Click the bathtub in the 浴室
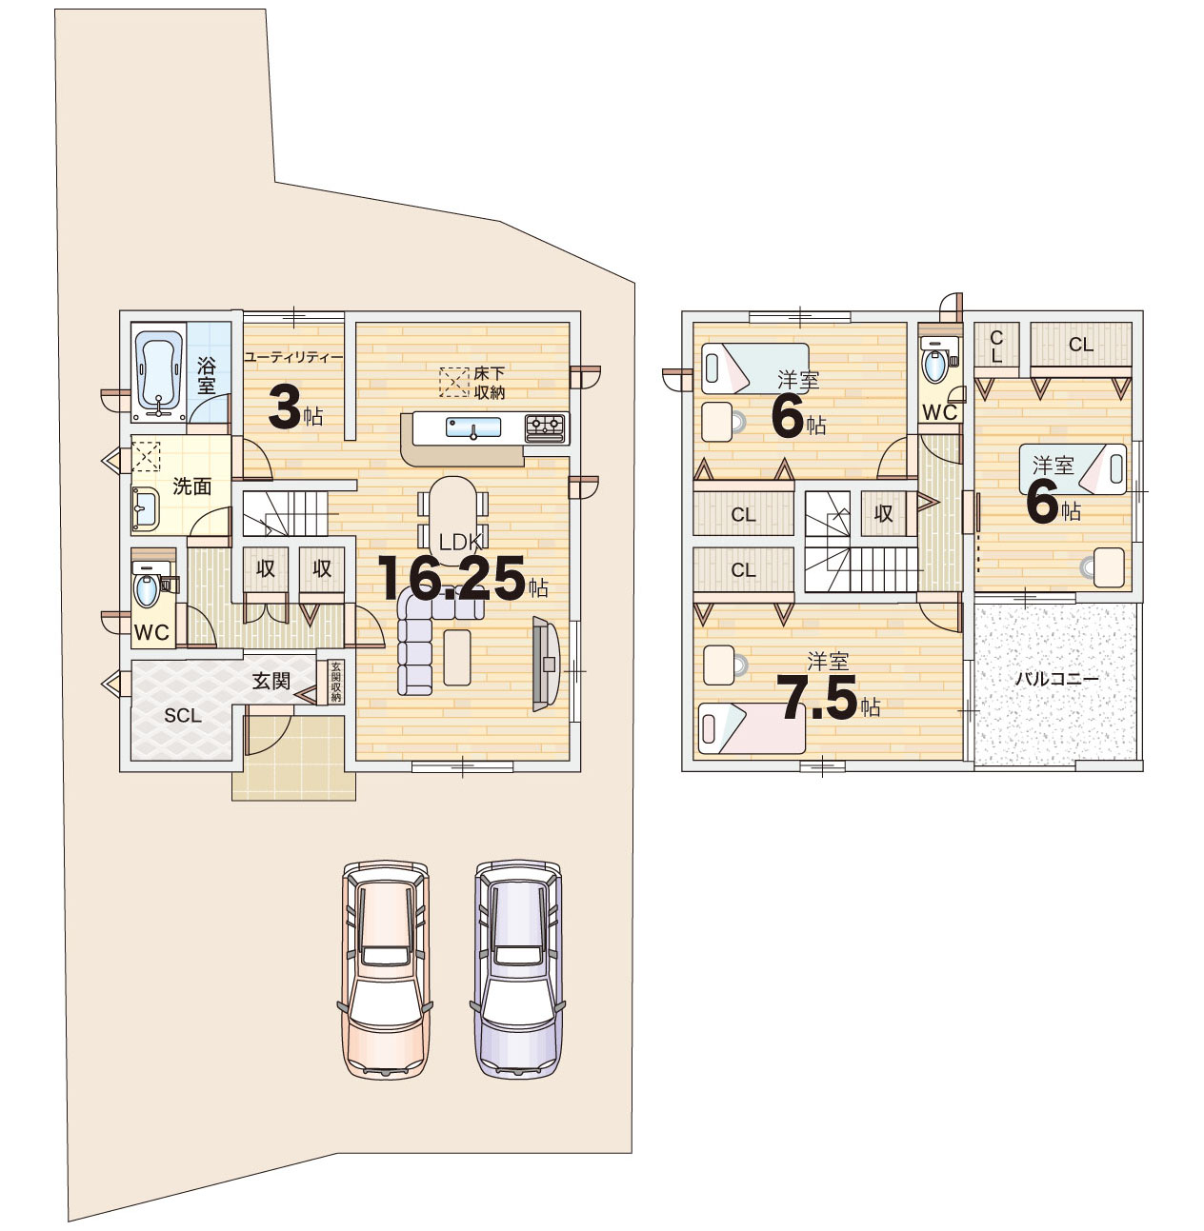pos(159,372)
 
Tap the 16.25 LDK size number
pos(451,578)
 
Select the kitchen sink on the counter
pos(473,427)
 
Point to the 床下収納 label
pos(489,383)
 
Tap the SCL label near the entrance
pos(182,715)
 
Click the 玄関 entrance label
pos(271,681)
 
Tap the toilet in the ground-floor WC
pos(147,586)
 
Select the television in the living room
pos(545,665)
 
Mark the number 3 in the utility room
pos(284,408)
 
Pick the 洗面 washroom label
pos(191,486)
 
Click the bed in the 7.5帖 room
pos(752,728)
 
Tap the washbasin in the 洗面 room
pos(146,510)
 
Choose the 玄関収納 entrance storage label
pos(336,683)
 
